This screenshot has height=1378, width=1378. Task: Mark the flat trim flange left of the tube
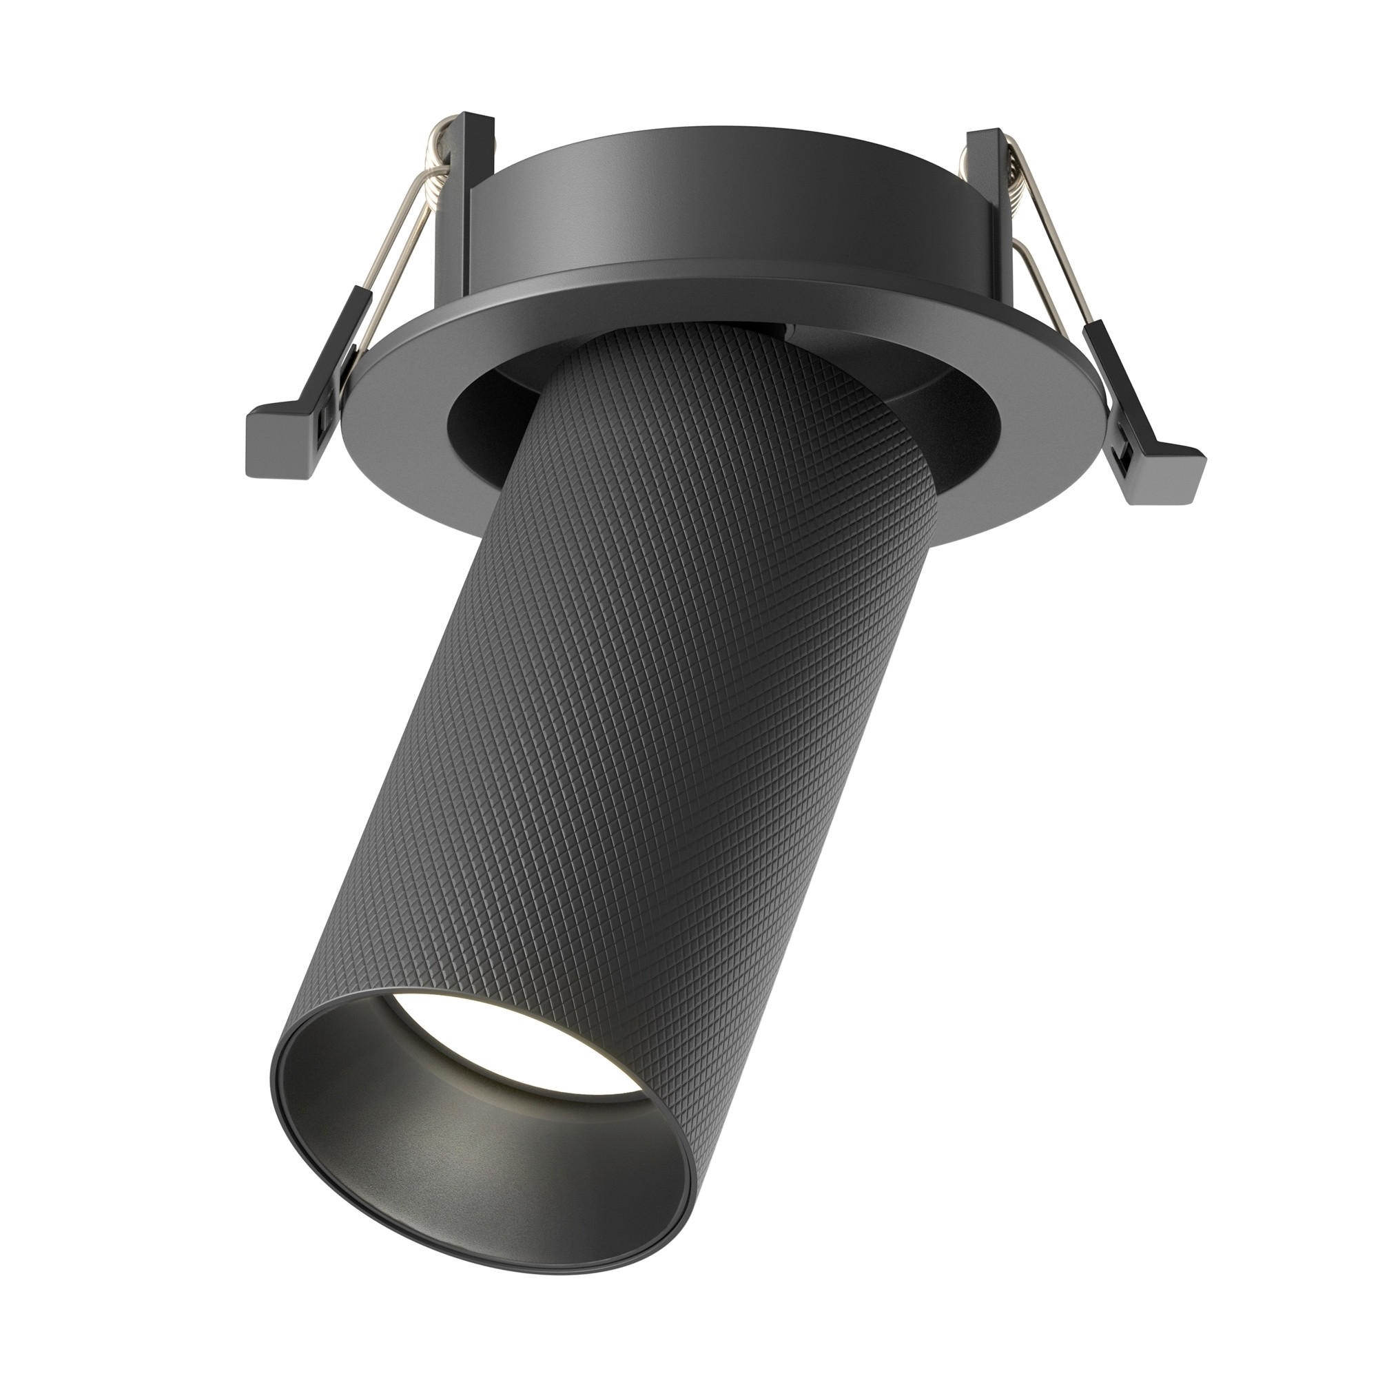click(400, 457)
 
